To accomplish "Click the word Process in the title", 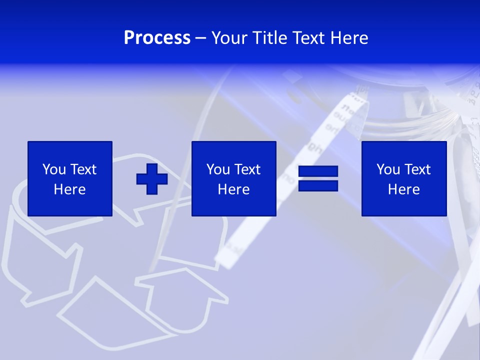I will [157, 38].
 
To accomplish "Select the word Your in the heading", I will [229, 38].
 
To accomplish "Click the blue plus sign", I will [152, 178].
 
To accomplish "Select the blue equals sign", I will [318, 178].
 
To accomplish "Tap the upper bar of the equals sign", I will [318, 172].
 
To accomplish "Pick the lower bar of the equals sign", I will [318, 185].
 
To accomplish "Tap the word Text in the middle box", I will [247, 169].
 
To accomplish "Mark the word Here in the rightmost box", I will [404, 189].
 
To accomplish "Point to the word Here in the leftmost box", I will [70, 189].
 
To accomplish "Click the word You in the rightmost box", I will [388, 169].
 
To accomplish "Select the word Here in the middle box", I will [234, 189].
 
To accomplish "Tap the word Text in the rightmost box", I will [417, 169].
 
